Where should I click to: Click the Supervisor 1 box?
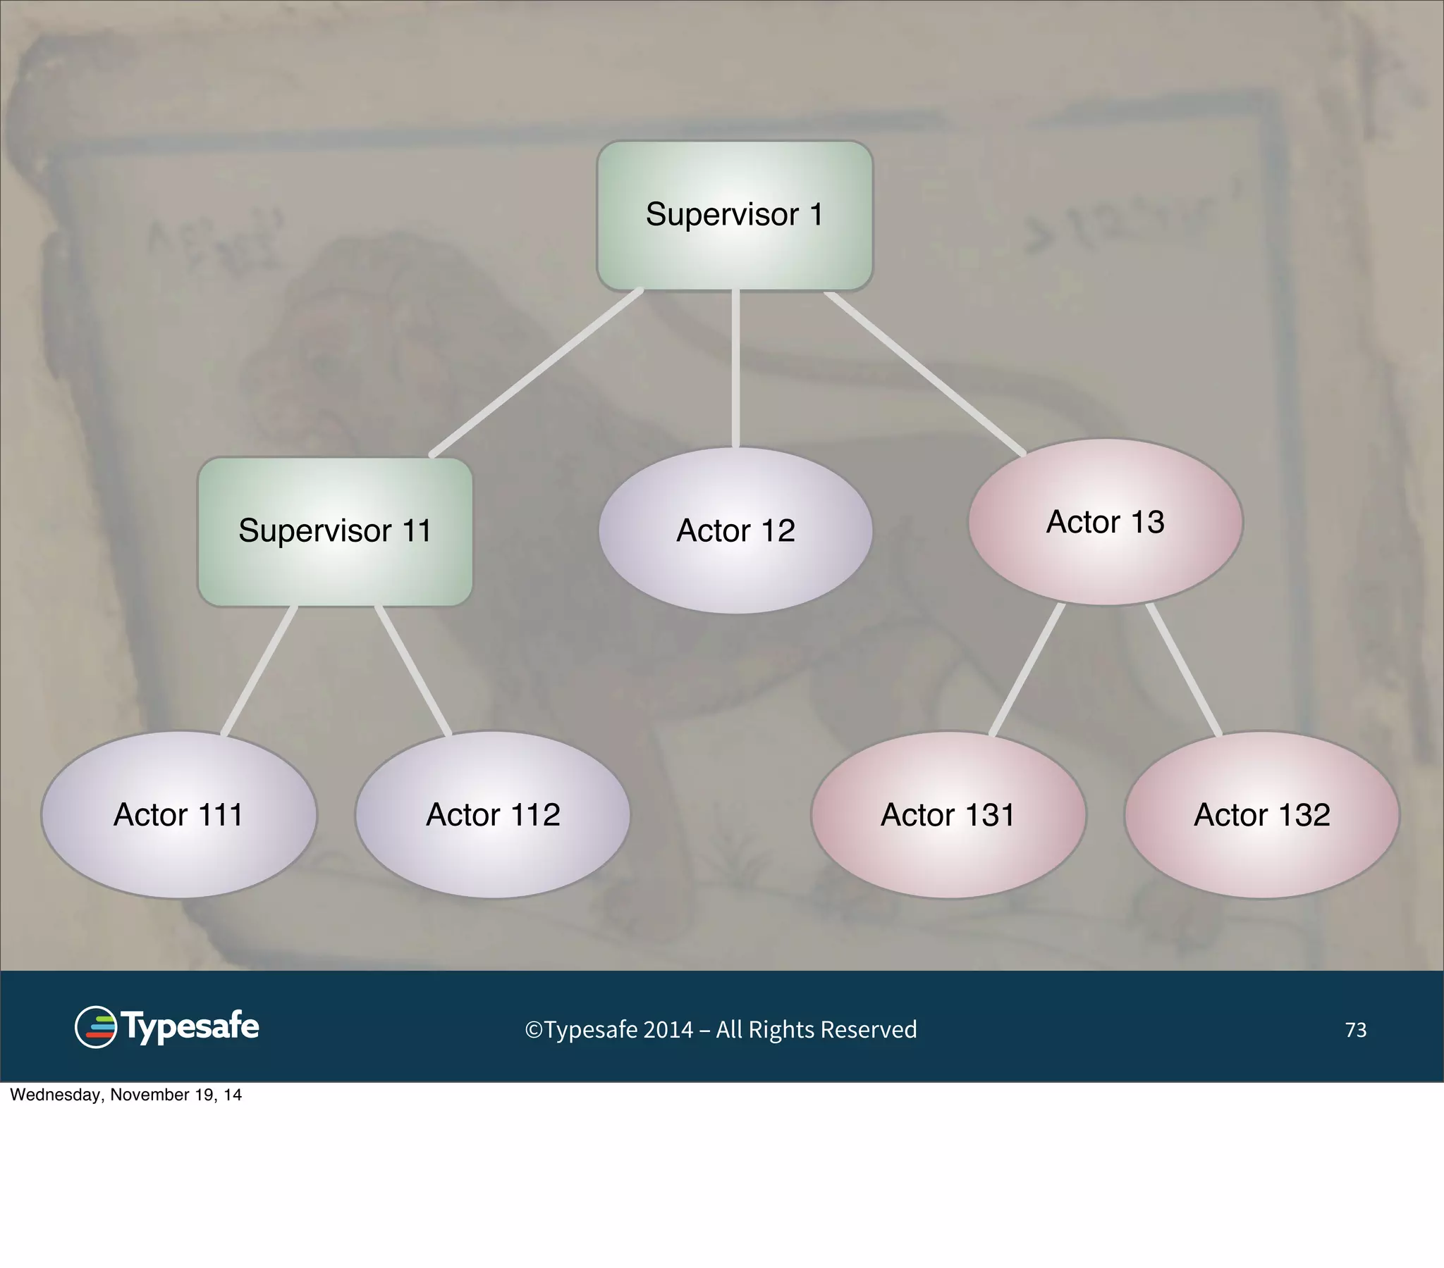[x=735, y=216]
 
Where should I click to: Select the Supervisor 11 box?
[x=335, y=532]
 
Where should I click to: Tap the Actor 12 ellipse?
[x=735, y=530]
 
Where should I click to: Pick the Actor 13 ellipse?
[x=1105, y=522]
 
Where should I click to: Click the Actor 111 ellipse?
[x=178, y=815]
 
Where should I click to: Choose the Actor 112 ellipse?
[x=492, y=815]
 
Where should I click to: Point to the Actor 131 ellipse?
[x=948, y=815]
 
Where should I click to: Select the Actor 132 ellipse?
[x=1261, y=815]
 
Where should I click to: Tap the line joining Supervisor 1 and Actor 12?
[x=735, y=368]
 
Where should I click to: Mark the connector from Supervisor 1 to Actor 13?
[x=926, y=373]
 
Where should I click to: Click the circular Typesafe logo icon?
[x=95, y=1027]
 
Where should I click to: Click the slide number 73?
[x=1355, y=1030]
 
